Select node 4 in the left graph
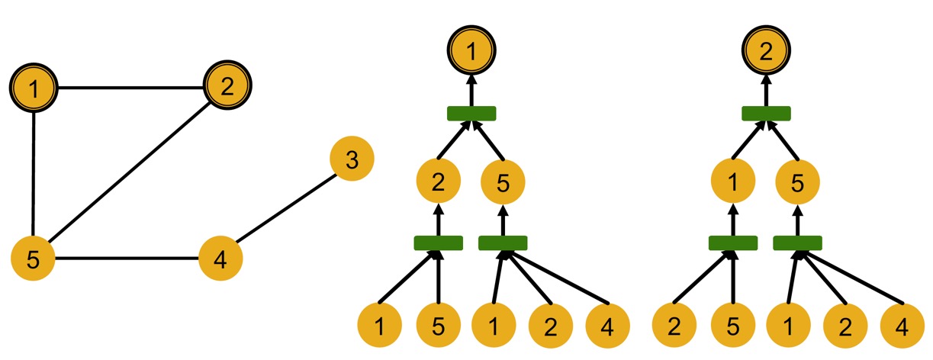click(220, 259)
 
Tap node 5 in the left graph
click(33, 259)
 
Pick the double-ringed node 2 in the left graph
click(227, 85)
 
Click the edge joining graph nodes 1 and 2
click(130, 88)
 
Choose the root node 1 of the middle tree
click(471, 51)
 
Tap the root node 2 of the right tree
click(767, 51)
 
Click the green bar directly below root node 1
click(471, 113)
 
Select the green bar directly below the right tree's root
click(767, 113)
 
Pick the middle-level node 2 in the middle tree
click(439, 182)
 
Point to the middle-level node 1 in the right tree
click(733, 182)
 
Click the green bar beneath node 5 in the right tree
click(798, 243)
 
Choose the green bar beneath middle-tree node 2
click(439, 243)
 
